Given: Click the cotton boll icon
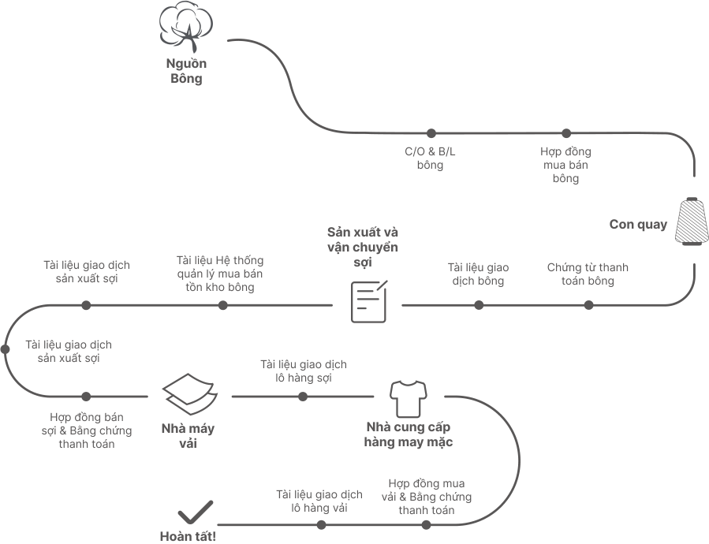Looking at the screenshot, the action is tap(186, 26).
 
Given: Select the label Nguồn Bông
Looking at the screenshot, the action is tap(186, 71).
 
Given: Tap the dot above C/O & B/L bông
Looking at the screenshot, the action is tap(431, 133).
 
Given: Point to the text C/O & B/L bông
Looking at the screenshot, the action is tap(430, 158).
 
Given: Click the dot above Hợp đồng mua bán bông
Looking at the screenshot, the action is tap(566, 133).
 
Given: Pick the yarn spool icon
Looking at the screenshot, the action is tap(691, 221).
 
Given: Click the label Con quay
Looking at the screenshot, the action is tap(638, 224).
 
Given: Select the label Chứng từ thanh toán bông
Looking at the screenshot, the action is tap(588, 274).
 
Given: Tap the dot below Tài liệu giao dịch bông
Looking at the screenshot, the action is tap(479, 305).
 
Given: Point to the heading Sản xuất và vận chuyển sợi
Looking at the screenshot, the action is tap(363, 247).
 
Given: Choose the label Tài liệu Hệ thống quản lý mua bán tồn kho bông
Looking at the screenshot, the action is tap(220, 274).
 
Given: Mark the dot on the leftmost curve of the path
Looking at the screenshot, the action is tap(5, 349).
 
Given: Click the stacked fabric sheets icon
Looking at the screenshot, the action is tap(190, 394).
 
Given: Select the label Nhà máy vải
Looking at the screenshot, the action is tap(188, 435).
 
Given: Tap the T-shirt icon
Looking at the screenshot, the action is tap(408, 399).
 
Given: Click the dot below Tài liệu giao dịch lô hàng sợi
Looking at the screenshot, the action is tap(303, 397).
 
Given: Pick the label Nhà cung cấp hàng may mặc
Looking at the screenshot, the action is tap(409, 434).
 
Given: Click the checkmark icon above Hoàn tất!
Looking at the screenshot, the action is tap(196, 512).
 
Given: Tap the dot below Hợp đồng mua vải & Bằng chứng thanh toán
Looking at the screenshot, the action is tap(426, 524).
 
